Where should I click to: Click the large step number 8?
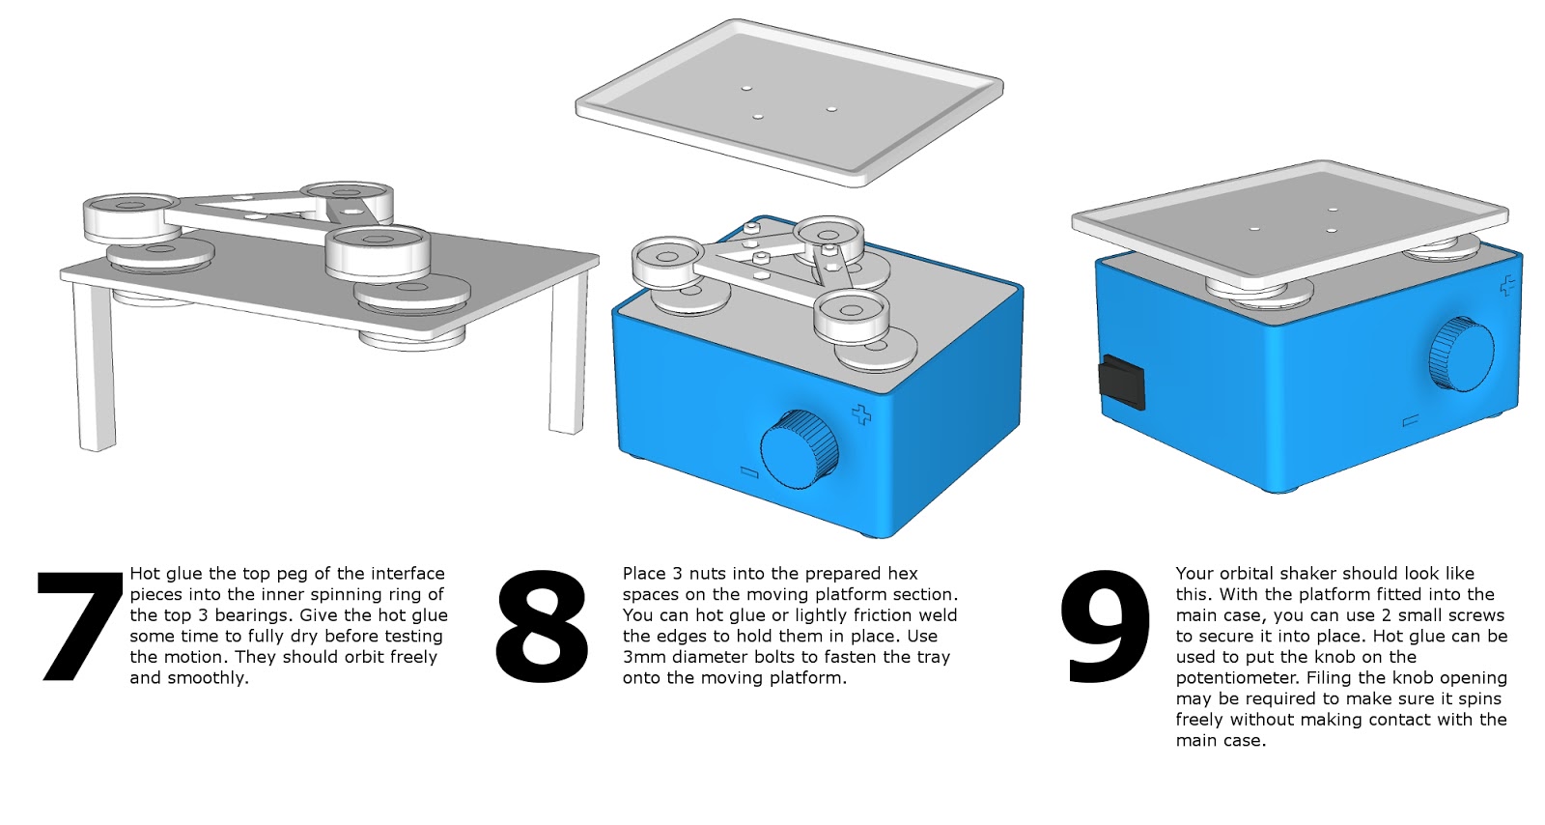(x=541, y=626)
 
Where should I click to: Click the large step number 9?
(x=1106, y=626)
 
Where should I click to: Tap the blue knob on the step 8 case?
(x=801, y=450)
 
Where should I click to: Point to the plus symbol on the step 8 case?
(x=861, y=415)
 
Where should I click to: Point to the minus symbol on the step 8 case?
(x=747, y=471)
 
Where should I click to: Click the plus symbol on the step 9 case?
(x=1506, y=285)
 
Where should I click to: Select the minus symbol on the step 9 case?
(x=1410, y=420)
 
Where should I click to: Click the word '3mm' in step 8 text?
(x=641, y=657)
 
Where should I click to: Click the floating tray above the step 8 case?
(x=790, y=100)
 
